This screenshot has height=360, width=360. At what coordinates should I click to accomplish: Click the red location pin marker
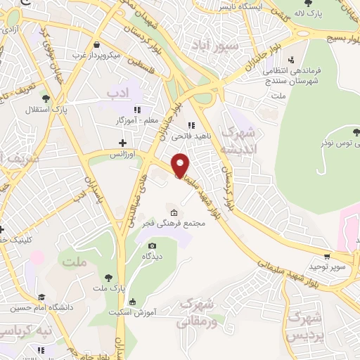(181, 165)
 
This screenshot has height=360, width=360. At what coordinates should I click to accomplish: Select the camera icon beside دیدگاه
(153, 245)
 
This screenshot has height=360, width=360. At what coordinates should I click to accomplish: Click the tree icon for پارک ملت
(108, 278)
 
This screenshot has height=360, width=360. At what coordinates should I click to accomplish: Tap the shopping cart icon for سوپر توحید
(326, 257)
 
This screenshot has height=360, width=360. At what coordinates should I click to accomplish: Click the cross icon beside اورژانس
(122, 143)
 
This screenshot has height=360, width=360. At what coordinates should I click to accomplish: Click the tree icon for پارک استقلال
(46, 98)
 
